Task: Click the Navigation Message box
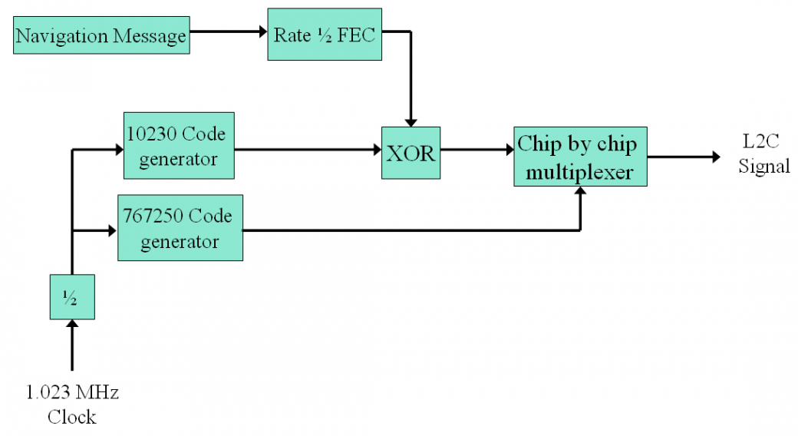pos(101,36)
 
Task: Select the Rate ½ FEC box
pos(324,35)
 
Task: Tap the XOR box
pos(411,153)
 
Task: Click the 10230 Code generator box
pos(178,146)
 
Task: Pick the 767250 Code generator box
pos(180,227)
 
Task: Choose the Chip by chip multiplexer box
pos(580,157)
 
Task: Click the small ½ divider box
pos(71,296)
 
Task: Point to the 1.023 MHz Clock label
pos(72,405)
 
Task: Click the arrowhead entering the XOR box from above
pos(411,121)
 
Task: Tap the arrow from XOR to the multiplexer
pos(476,152)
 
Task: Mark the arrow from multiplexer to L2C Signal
pos(683,157)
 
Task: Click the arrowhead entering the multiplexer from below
pos(580,193)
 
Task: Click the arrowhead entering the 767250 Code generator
pos(111,229)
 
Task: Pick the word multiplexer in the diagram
pos(580,172)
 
